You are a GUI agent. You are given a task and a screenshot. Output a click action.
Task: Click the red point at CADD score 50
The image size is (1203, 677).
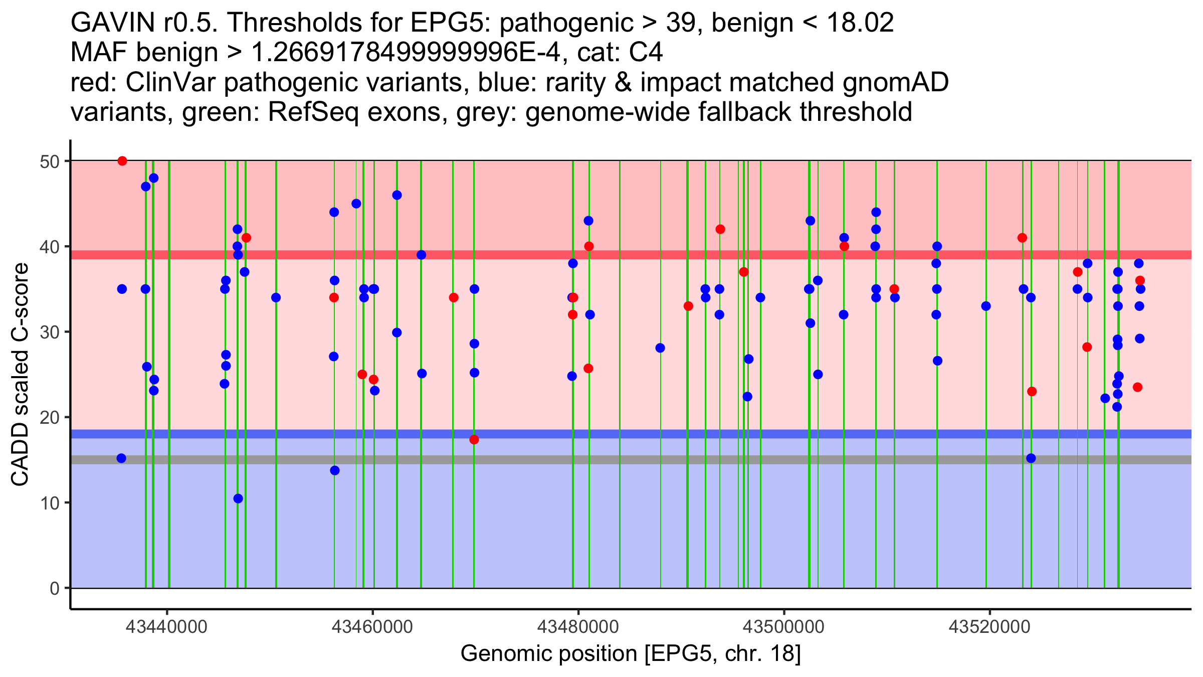click(x=122, y=161)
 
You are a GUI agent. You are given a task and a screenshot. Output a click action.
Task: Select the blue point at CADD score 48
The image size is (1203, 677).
click(x=154, y=178)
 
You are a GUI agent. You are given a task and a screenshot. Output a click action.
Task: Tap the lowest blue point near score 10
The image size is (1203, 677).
click(x=238, y=498)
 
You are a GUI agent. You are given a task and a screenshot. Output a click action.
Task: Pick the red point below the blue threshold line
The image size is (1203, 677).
click(x=474, y=440)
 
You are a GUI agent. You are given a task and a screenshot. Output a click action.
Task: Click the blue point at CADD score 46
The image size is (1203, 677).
click(x=397, y=195)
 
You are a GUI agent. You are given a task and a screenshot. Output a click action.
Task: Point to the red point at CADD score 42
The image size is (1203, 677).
click(x=720, y=229)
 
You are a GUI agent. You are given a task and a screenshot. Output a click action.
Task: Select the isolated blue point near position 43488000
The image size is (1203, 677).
click(x=660, y=348)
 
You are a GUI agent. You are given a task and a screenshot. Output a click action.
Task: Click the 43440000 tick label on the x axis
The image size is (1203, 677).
click(x=167, y=627)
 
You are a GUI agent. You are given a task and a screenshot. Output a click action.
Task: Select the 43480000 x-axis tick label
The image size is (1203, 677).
click(x=578, y=627)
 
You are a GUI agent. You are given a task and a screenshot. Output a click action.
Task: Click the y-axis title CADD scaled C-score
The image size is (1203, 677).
click(x=20, y=375)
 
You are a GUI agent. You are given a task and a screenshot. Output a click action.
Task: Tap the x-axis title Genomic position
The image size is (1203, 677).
click(x=631, y=653)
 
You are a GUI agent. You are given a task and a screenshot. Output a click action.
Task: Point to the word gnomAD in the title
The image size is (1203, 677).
click(x=896, y=82)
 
